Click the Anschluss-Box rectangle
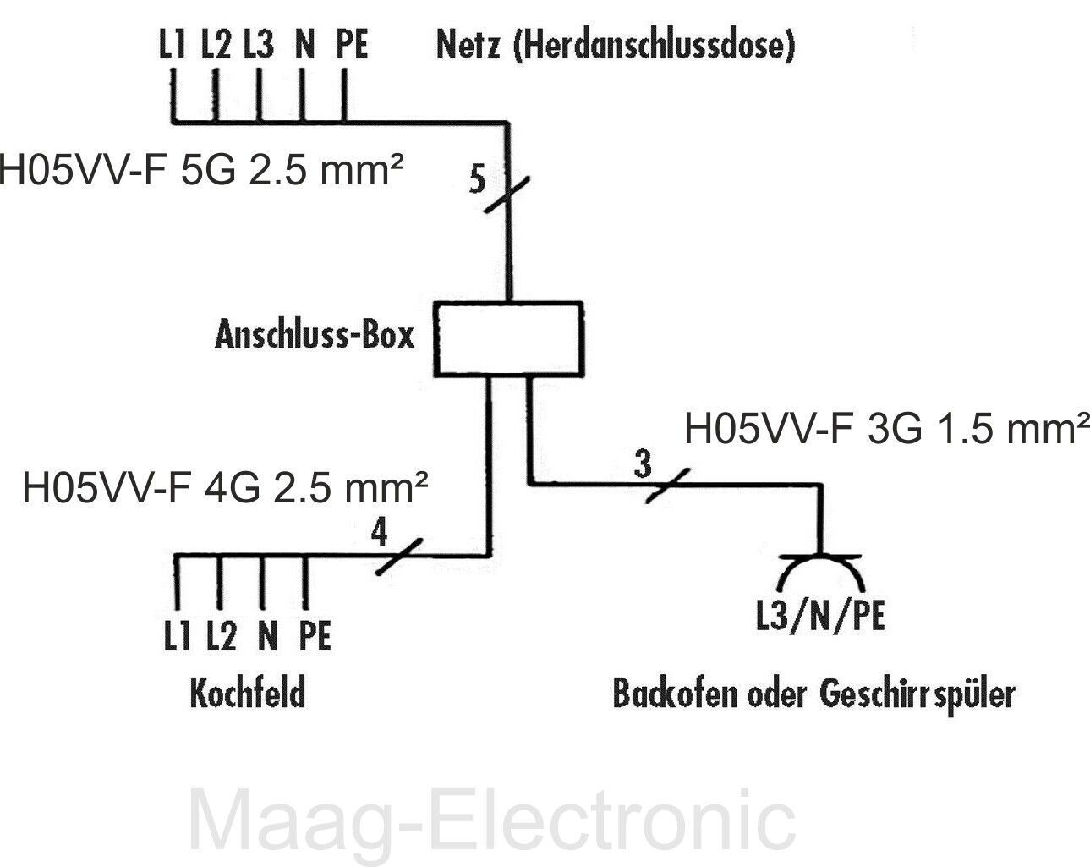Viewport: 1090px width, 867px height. (x=508, y=338)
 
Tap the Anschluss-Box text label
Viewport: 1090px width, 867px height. (x=315, y=336)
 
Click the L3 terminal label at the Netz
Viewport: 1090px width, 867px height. (x=259, y=46)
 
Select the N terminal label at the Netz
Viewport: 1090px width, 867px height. (x=304, y=46)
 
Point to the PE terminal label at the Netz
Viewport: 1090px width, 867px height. (x=352, y=46)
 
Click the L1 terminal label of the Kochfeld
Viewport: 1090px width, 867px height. (x=177, y=636)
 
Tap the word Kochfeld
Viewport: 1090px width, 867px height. (x=246, y=694)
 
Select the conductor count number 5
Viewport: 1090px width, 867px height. (x=478, y=181)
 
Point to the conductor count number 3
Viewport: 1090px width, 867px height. (x=644, y=464)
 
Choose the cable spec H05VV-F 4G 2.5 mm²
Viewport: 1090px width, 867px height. (x=225, y=489)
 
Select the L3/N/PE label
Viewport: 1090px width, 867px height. (x=820, y=616)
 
